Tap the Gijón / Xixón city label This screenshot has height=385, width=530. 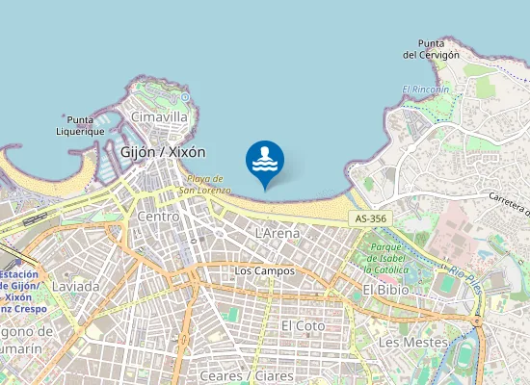coord(163,152)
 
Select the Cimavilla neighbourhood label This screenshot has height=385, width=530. coord(159,116)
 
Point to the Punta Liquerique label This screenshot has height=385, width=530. coord(80,125)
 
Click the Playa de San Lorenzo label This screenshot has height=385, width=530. coord(209,184)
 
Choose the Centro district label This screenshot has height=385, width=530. coord(158,218)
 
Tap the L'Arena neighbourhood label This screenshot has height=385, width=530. coord(278,233)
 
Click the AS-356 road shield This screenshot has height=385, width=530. coord(371,219)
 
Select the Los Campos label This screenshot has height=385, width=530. coord(264,271)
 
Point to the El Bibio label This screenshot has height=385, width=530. coord(386,290)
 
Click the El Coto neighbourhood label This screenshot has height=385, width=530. coord(303,326)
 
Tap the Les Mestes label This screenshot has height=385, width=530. coord(412,343)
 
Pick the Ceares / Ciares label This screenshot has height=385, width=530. coord(243,374)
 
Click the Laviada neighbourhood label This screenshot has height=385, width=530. coord(75,286)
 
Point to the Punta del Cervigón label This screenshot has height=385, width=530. coord(431,49)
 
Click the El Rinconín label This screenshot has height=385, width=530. coord(426,90)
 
